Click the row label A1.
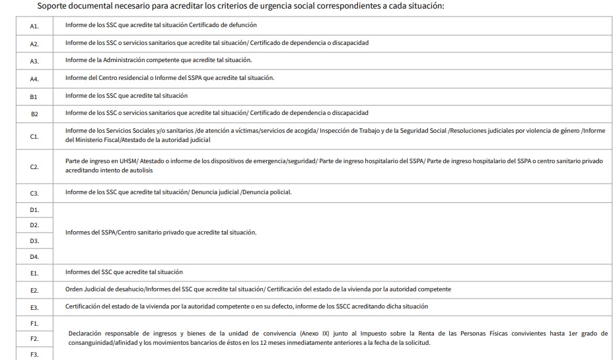click(x=34, y=26)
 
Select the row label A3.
click(x=34, y=61)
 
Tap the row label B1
click(x=34, y=96)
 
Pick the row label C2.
click(x=34, y=167)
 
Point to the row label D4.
click(x=34, y=256)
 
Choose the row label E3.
click(x=34, y=307)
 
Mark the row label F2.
click(x=34, y=339)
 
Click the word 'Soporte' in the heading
click(x=56, y=6)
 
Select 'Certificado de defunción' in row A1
click(x=223, y=25)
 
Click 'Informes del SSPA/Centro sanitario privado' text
click(x=123, y=233)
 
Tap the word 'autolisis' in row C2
click(x=141, y=170)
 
